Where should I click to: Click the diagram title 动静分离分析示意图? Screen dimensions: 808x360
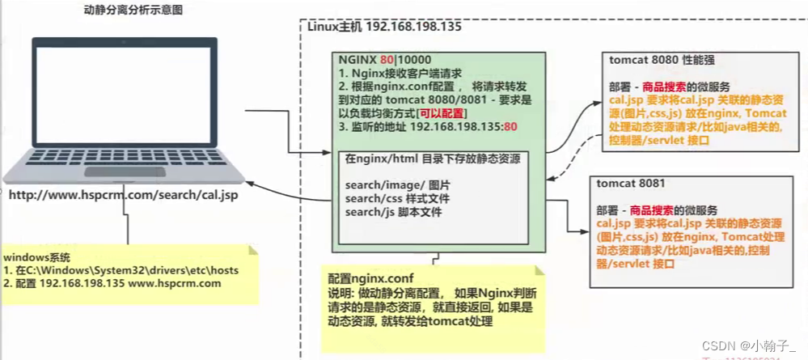click(133, 11)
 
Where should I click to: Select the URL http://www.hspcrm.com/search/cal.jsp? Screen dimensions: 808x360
click(123, 195)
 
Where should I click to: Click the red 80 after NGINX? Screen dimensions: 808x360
click(387, 59)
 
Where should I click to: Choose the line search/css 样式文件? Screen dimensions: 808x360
click(398, 198)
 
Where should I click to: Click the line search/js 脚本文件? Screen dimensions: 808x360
click(393, 212)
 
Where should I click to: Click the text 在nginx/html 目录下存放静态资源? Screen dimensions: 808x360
click(433, 160)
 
